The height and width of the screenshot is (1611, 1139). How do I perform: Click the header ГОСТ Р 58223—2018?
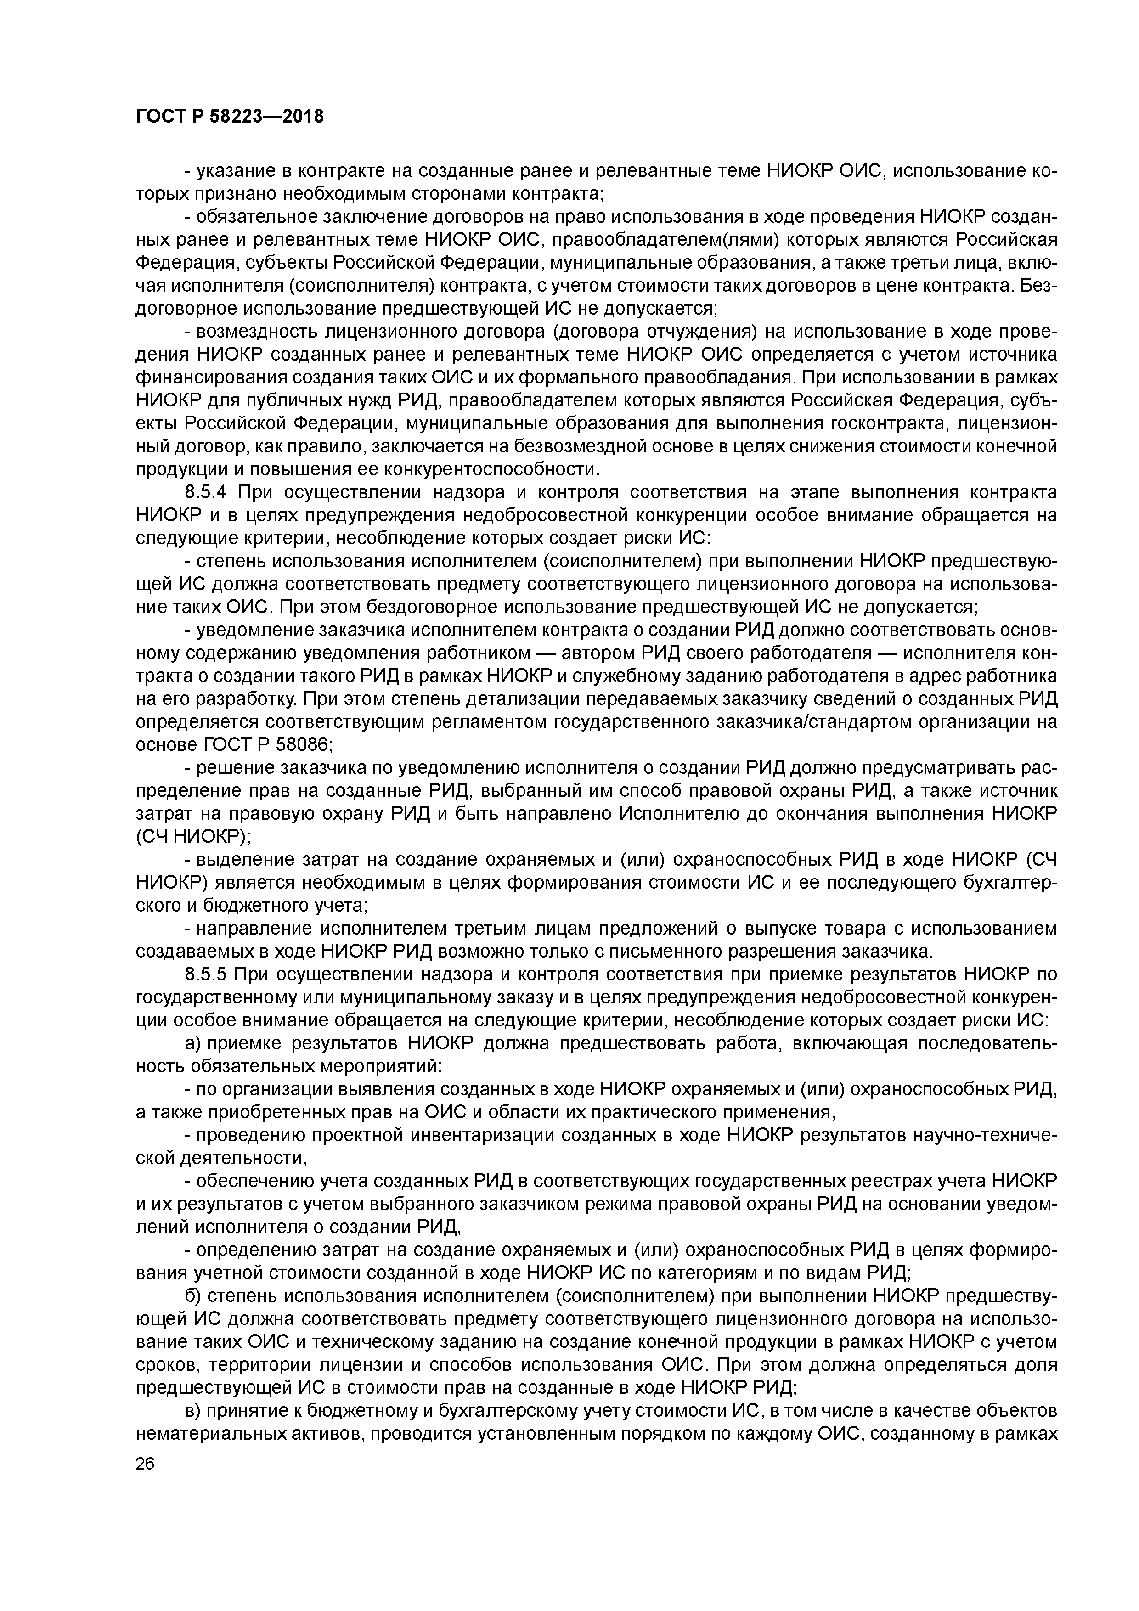(x=230, y=117)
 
